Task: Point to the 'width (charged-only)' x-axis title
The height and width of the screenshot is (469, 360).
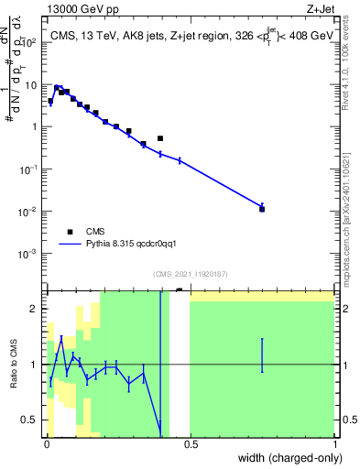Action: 285,456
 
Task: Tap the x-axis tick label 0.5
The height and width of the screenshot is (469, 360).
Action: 191,443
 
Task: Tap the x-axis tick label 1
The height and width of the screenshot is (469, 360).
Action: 333,443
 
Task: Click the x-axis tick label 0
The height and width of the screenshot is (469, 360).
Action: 47,443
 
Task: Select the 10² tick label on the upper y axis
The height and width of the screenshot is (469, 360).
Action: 33,42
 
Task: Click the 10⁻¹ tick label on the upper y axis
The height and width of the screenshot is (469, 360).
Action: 31,169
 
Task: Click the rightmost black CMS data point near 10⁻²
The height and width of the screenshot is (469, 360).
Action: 262,209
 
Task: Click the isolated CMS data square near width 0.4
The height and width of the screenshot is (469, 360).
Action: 160,138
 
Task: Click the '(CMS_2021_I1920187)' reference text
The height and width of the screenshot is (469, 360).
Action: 191,274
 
